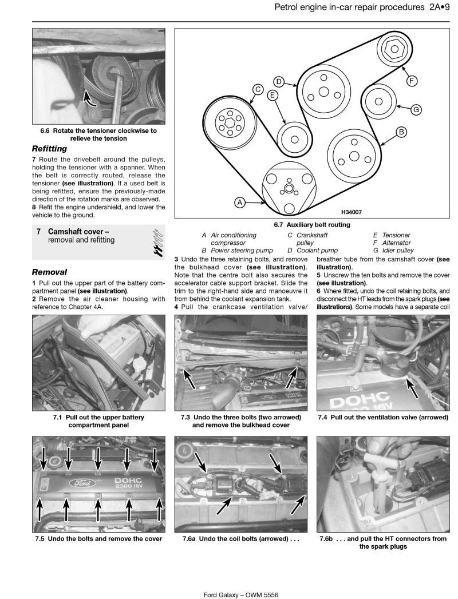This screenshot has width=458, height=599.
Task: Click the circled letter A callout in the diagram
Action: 240,202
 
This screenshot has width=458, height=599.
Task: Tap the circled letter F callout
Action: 411,81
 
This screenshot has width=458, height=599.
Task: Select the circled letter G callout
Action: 416,109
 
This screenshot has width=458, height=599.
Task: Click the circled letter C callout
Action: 258,89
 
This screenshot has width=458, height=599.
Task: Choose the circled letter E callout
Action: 273,95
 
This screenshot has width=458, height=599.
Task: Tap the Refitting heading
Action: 49,148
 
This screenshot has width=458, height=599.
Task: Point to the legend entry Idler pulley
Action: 397,250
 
